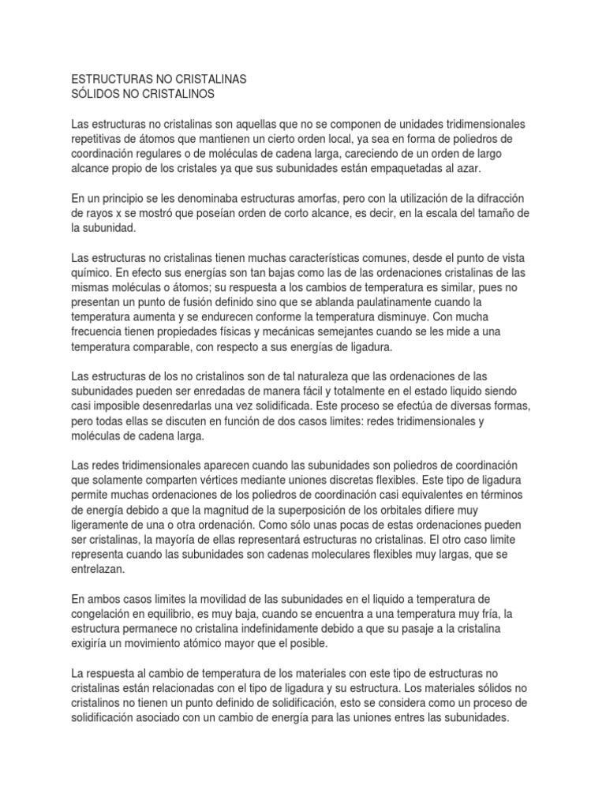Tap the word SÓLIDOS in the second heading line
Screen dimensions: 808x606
tap(96, 95)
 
